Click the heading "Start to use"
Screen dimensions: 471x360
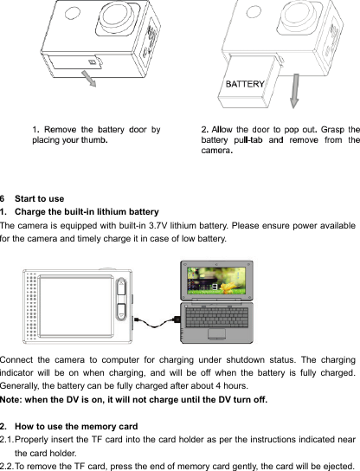[x=40, y=200]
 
